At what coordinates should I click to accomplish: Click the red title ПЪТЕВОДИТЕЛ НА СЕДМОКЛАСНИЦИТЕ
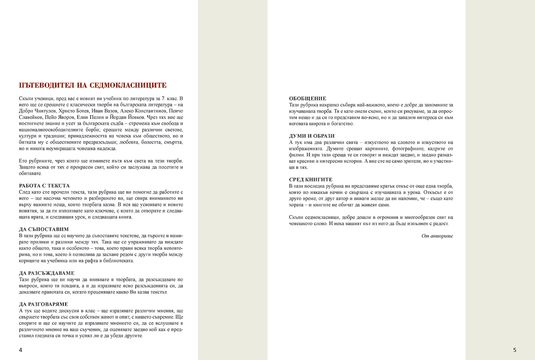[93, 85]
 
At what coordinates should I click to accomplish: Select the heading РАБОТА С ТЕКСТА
[45, 185]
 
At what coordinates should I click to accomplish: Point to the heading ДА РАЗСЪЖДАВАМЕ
[47, 273]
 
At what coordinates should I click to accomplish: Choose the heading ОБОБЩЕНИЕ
[308, 98]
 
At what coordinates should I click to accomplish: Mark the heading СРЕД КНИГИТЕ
[310, 179]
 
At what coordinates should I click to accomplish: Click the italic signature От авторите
[437, 236]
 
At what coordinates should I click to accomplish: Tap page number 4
[21, 350]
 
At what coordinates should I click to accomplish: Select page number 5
[514, 350]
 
